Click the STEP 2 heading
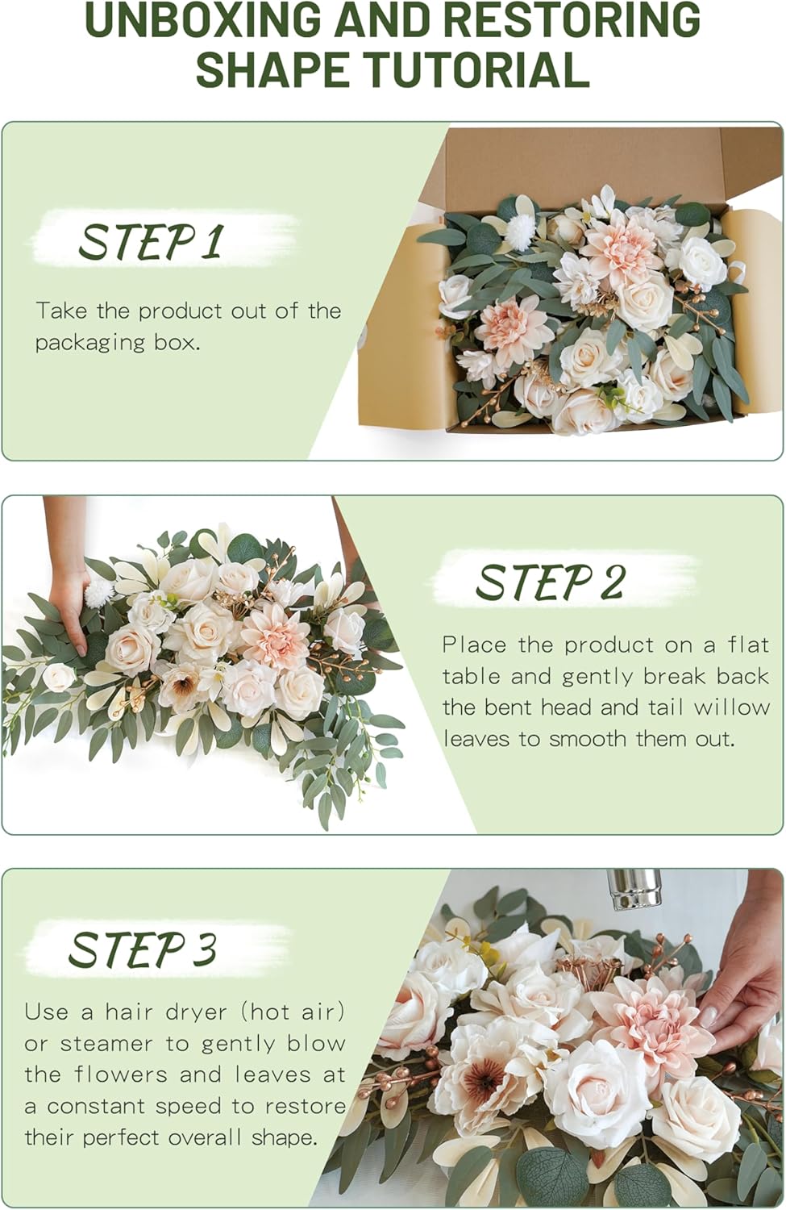[550, 582]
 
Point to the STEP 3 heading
[143, 949]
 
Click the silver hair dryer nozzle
[634, 888]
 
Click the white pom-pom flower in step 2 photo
[99, 594]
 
